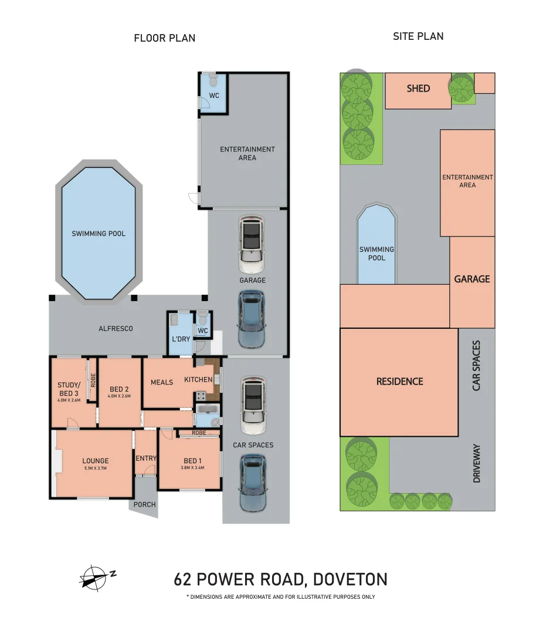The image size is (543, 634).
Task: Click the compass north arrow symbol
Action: click(x=96, y=576)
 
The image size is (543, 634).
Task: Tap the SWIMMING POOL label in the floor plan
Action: click(x=99, y=234)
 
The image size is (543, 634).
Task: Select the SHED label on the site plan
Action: click(x=418, y=89)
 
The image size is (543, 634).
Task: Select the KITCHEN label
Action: click(x=198, y=380)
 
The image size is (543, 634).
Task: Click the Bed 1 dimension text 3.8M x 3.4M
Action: click(x=191, y=468)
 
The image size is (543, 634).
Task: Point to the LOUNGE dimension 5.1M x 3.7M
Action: click(x=95, y=468)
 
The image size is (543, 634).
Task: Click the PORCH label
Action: click(x=145, y=504)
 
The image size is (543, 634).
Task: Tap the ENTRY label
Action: click(x=146, y=458)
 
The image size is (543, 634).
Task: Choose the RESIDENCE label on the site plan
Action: click(x=399, y=382)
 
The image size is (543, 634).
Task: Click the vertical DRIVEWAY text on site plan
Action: click(x=476, y=464)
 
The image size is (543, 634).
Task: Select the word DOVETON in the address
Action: click(x=349, y=579)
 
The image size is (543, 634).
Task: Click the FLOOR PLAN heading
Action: click(x=164, y=38)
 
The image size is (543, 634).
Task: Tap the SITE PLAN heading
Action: click(x=418, y=36)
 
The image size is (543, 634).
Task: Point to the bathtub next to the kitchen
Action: click(x=207, y=409)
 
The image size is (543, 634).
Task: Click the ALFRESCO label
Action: click(x=116, y=329)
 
